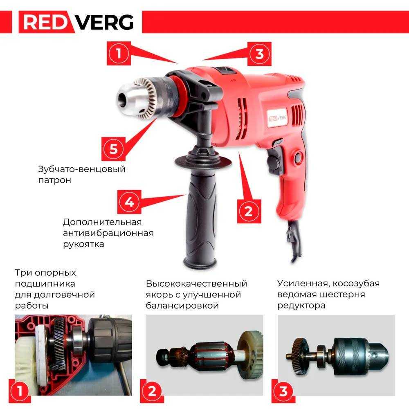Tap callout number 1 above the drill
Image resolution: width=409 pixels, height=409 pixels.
pos(119,54)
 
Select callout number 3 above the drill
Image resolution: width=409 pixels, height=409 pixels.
pos(259,54)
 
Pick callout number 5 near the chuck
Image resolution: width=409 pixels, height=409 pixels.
pos(113,149)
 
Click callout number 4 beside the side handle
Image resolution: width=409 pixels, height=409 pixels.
pos(129,202)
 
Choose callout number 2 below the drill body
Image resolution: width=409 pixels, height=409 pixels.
pos(249,211)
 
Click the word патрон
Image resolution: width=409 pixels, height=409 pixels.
pos(54,180)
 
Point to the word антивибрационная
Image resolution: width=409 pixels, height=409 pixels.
pos(108,233)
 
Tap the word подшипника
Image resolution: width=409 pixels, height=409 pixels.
pos(45,283)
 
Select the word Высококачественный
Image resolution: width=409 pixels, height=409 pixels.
pos(196,283)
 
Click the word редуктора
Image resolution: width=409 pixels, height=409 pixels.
pos(301,306)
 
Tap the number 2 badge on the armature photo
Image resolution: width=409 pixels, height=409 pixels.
pos(152,391)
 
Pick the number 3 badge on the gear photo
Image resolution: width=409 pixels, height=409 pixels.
pos(283,391)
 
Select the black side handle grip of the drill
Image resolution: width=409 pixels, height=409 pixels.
pos(200,219)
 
